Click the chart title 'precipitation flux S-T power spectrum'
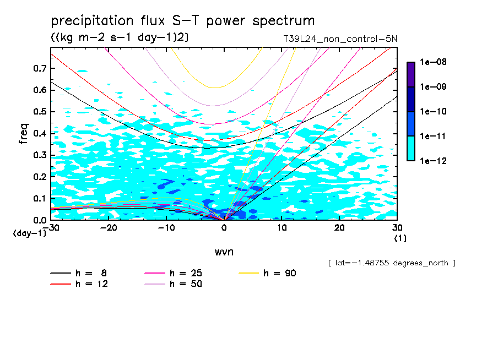pyautogui.click(x=183, y=21)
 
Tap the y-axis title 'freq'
pyautogui.click(x=24, y=133)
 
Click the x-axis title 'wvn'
pyautogui.click(x=224, y=252)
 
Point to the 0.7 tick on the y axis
pyautogui.click(x=40, y=68)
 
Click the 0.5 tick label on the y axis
pyautogui.click(x=40, y=112)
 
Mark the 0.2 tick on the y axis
pyautogui.click(x=40, y=177)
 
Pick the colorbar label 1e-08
pyautogui.click(x=432, y=62)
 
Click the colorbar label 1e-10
pyautogui.click(x=432, y=112)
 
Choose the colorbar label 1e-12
pyautogui.click(x=432, y=161)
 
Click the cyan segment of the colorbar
pyautogui.click(x=410, y=148)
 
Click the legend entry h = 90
pyautogui.click(x=269, y=273)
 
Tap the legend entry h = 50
pyautogui.click(x=173, y=284)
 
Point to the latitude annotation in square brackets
pyautogui.click(x=391, y=263)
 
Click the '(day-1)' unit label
pyautogui.click(x=29, y=233)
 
